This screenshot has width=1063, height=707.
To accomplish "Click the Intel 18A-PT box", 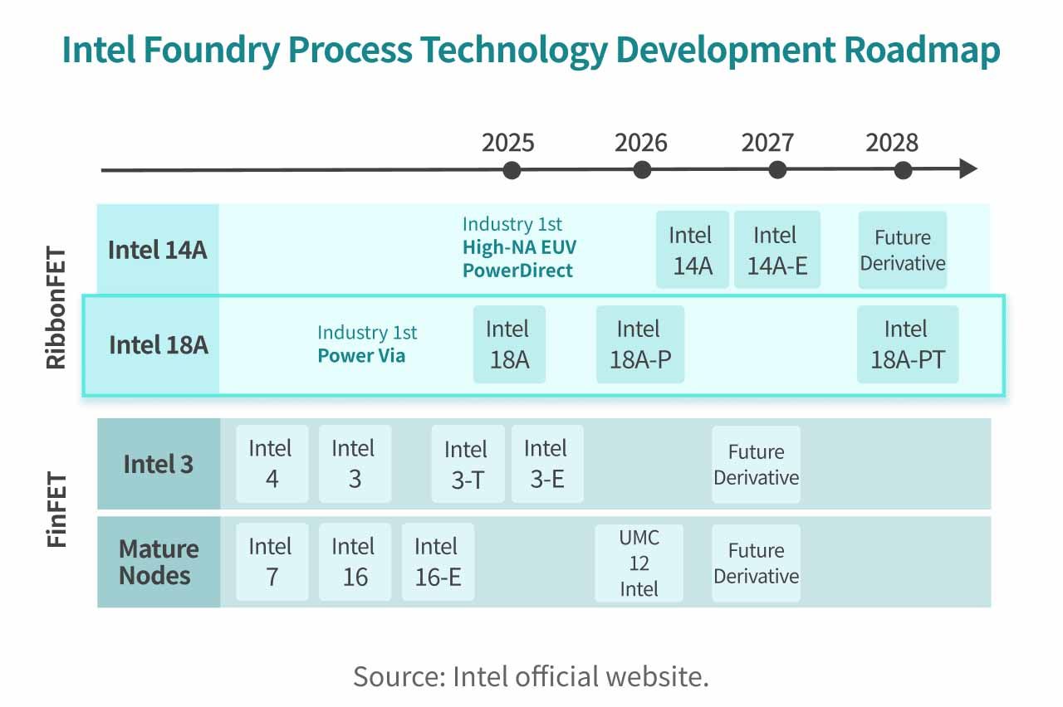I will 907,344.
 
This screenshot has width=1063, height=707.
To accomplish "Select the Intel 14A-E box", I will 776,249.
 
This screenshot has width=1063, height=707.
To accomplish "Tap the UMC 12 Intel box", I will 639,563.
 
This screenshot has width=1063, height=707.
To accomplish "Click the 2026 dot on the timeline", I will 642,170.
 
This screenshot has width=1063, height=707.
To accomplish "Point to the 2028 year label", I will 892,143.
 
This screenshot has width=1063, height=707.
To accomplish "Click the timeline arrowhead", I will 968,169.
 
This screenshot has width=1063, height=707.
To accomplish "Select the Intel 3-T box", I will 468,464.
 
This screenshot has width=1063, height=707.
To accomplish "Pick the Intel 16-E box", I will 438,562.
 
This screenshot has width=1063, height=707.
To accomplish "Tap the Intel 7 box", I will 272,562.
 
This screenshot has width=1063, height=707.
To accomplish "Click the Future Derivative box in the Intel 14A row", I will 902,250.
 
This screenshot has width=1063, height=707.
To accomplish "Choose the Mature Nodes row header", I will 158,562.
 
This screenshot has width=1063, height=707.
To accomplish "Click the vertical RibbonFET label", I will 56,311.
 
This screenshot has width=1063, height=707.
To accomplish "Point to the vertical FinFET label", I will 56,510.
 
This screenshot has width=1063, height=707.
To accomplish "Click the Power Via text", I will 361,356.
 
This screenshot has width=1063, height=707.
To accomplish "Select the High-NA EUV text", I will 519,247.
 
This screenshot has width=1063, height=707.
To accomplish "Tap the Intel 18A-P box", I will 639,344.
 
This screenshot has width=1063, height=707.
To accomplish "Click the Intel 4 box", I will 272,464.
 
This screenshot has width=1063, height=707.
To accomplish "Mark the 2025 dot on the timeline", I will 512,170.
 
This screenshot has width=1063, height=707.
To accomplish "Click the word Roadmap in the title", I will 922,51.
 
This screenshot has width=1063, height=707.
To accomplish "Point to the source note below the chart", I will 531,676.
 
